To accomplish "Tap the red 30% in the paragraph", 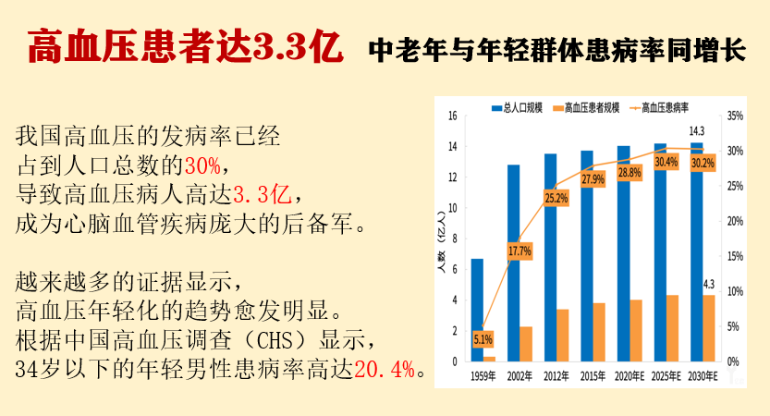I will click(x=202, y=166).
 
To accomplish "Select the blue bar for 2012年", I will click(x=550, y=257).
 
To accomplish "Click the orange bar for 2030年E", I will click(x=709, y=327).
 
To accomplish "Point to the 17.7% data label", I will click(x=519, y=251).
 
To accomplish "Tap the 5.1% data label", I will click(x=483, y=339).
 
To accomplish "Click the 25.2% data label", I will click(x=556, y=198).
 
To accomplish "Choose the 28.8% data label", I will click(x=629, y=173).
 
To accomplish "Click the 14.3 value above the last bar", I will click(x=696, y=130).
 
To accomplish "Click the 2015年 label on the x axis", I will click(x=593, y=375).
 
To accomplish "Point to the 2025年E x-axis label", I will click(x=666, y=375).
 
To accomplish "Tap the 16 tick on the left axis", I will click(x=453, y=116).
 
